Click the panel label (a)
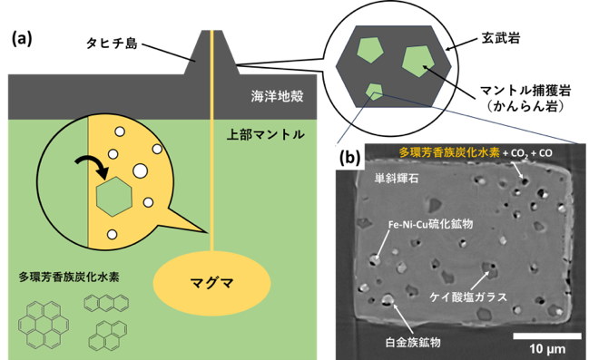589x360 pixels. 22,39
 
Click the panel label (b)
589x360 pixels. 349,158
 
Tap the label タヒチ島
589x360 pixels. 112,44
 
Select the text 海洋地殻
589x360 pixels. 277,96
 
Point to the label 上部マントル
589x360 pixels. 265,134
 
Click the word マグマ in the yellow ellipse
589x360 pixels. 211,282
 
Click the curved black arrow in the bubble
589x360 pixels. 93,164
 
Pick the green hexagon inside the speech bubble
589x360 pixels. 114,197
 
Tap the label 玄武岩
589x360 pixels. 501,38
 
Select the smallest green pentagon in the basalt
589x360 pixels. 375,92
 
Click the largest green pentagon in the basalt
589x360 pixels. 418,61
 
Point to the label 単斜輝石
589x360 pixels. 396,178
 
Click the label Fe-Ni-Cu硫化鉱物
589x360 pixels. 430,224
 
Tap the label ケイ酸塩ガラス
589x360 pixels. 468,297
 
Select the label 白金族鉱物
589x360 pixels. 413,342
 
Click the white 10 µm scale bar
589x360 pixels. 547,336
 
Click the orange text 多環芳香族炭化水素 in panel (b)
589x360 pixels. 449,152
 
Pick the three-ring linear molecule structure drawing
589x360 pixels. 106,303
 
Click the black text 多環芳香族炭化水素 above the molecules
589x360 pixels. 69,277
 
